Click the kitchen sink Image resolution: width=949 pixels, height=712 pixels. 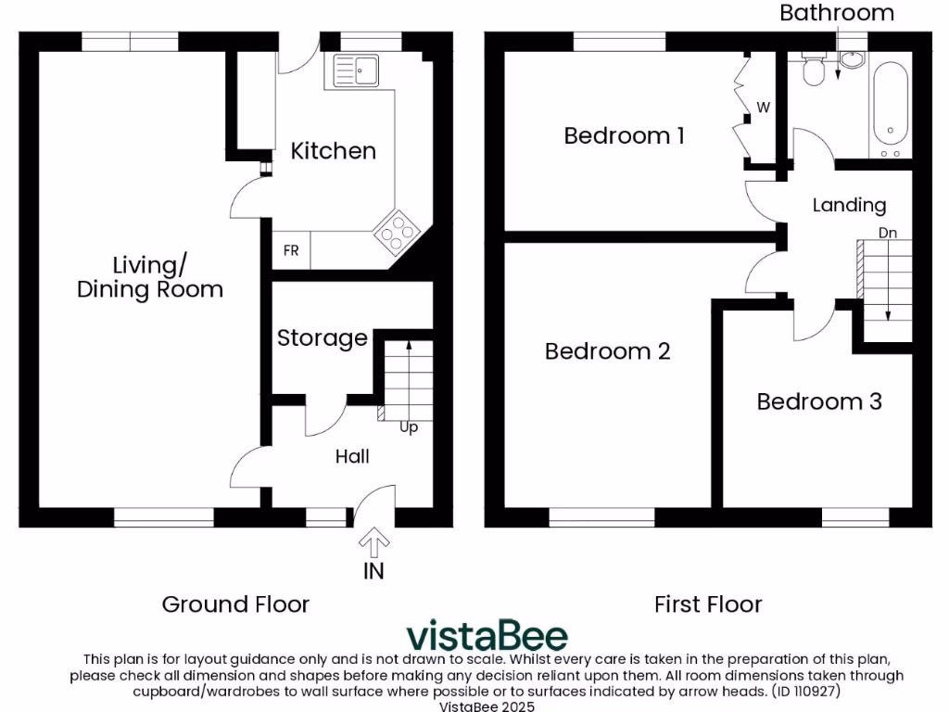[x=353, y=70]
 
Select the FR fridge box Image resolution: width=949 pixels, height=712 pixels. [x=290, y=250]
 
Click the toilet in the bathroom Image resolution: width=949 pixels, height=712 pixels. [x=815, y=70]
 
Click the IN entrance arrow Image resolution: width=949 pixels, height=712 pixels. [x=373, y=541]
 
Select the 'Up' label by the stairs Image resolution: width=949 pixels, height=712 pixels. [x=409, y=427]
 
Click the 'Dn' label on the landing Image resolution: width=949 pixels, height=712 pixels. [x=887, y=233]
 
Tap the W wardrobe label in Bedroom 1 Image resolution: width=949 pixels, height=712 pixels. [x=763, y=108]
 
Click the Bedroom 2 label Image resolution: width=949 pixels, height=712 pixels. [x=607, y=351]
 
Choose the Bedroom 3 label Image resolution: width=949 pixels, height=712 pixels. [x=818, y=401]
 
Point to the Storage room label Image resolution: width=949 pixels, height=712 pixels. [x=323, y=338]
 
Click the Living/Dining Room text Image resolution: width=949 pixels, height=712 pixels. [x=149, y=277]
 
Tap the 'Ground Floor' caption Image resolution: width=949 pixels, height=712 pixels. [x=235, y=604]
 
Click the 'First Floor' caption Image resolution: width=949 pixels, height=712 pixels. [x=708, y=604]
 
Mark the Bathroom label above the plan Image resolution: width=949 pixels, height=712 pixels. [x=836, y=13]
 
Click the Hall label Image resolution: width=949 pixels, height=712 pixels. [x=352, y=456]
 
